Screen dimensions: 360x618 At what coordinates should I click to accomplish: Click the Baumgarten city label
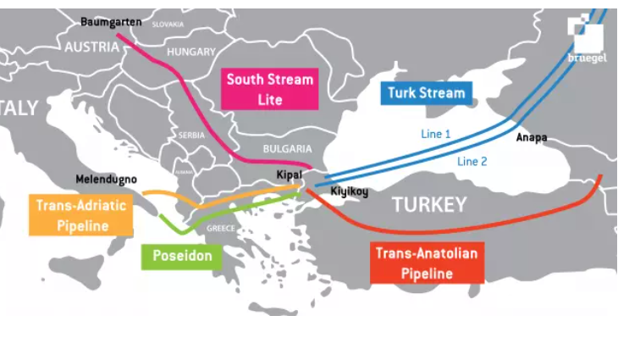110,20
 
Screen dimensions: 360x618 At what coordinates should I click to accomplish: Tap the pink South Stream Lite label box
270,90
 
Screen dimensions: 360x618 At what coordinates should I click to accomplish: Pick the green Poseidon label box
181,255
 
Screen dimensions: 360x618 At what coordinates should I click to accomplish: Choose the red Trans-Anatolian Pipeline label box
427,263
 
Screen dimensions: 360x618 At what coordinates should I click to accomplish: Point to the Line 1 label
438,134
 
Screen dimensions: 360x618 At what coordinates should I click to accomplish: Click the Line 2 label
472,161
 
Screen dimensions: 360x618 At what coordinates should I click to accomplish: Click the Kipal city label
289,175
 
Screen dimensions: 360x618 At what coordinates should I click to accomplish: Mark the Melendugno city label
106,180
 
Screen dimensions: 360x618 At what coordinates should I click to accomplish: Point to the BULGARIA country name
287,147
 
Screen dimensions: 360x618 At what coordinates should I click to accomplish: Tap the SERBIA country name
190,135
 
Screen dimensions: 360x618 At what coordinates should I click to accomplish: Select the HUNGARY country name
191,52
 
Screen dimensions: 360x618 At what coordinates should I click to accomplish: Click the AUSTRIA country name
91,47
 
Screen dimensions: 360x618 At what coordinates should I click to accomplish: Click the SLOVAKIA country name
168,25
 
